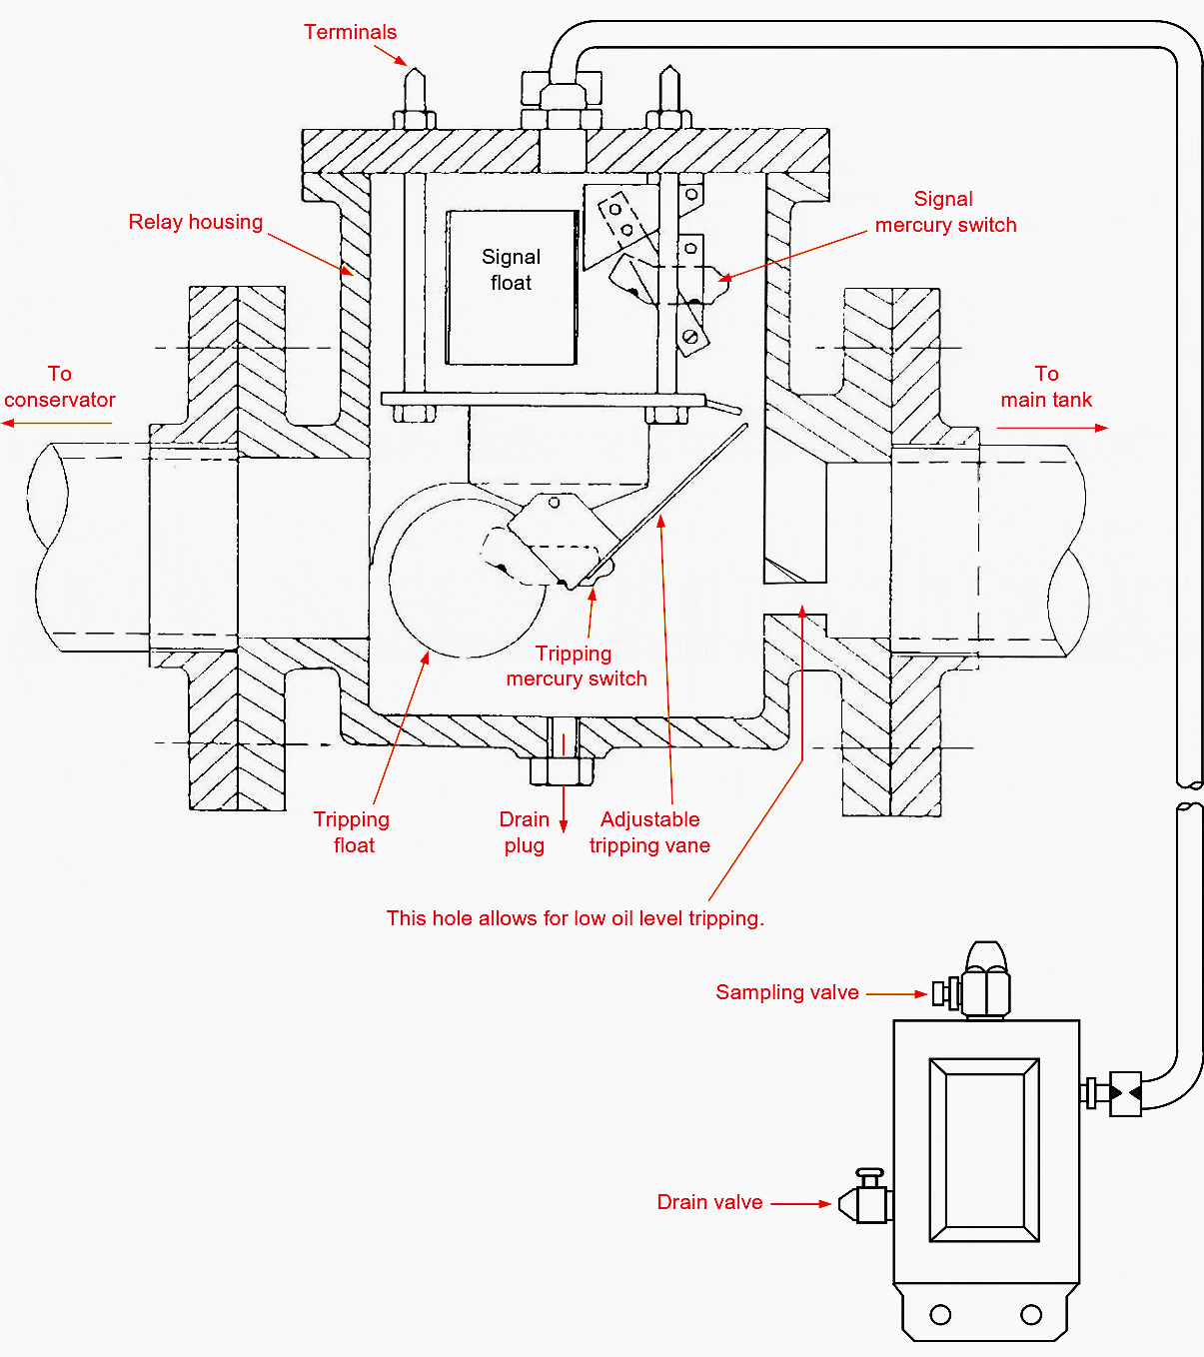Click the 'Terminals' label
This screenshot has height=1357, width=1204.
click(x=351, y=32)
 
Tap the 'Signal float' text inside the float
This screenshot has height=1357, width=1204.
click(x=511, y=269)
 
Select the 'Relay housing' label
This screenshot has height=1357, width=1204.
click(x=196, y=222)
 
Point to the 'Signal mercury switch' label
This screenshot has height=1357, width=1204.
click(x=945, y=212)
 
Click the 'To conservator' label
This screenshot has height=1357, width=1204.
click(x=60, y=387)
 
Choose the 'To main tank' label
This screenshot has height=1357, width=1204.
click(x=1046, y=387)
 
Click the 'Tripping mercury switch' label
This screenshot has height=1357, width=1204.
click(x=576, y=666)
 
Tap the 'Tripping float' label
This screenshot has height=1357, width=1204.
click(x=353, y=831)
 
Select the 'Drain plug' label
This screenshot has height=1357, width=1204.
click(x=525, y=831)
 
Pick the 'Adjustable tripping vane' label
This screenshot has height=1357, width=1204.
click(x=649, y=831)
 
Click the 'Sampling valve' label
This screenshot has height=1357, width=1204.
click(x=786, y=992)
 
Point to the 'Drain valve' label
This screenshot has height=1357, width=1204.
click(x=709, y=1201)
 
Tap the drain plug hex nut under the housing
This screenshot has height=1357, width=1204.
click(x=562, y=770)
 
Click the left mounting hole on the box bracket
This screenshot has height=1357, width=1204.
click(x=940, y=1315)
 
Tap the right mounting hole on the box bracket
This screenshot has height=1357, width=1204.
click(x=1030, y=1315)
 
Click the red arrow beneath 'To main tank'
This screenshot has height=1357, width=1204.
click(x=1052, y=428)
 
